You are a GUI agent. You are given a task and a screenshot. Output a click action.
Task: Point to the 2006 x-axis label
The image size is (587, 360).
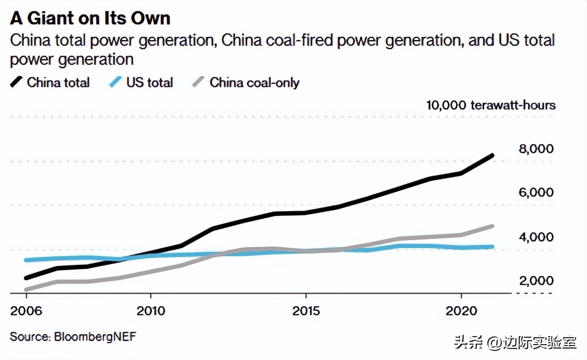point(26,310)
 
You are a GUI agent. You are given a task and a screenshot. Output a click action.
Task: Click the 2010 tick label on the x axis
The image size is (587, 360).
point(150,310)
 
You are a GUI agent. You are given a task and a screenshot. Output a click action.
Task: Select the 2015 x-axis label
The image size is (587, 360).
point(306,310)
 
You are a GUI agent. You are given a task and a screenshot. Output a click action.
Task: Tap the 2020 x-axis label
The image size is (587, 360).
point(461,310)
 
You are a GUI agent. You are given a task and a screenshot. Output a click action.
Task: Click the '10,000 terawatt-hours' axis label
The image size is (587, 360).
point(490,105)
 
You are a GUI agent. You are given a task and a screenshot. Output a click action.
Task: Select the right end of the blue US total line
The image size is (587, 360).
point(492,247)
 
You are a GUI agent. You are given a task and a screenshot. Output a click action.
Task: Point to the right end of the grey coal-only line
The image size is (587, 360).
point(492,226)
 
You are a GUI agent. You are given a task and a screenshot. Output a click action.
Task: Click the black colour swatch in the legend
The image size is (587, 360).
point(16,82)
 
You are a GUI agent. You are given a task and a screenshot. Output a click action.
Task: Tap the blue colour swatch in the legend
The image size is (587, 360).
point(116,82)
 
